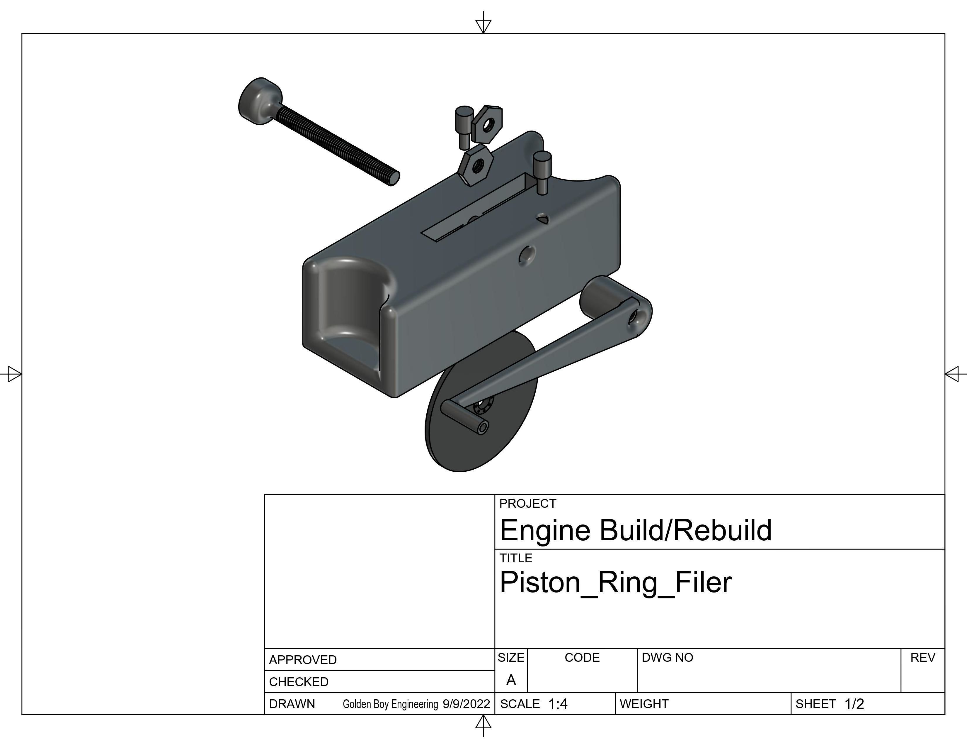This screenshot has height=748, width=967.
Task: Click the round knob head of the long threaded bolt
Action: click(259, 101)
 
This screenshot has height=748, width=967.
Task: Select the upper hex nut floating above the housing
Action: click(487, 124)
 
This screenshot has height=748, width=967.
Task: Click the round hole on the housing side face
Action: click(527, 255)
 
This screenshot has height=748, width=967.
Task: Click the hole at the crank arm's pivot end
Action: click(634, 317)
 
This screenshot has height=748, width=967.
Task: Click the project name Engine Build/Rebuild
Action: click(635, 530)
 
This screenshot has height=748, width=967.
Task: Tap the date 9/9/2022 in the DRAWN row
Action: click(466, 704)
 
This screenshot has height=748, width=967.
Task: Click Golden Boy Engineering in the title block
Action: click(390, 704)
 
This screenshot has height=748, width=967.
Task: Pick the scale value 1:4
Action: click(557, 704)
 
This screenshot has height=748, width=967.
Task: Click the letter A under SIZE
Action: click(511, 680)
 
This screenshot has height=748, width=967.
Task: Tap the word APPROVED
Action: click(303, 660)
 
